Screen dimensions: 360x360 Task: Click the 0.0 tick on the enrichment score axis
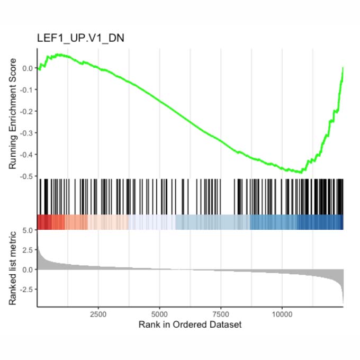[25, 68]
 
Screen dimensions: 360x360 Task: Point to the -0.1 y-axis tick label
[24, 89]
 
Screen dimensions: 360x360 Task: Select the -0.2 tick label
[24, 111]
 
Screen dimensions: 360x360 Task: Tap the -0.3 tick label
[24, 133]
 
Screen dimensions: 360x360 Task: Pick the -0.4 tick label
[24, 155]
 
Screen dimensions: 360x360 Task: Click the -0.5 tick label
[24, 176]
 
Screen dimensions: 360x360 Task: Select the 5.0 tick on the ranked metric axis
[28, 230]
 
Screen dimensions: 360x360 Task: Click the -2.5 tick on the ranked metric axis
[25, 289]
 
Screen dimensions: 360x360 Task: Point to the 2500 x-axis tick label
[98, 314]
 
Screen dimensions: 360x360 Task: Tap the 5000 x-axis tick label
[159, 314]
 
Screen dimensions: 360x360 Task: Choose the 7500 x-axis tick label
[221, 314]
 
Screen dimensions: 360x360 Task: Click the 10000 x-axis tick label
[282, 314]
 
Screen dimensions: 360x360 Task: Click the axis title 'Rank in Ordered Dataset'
[190, 325]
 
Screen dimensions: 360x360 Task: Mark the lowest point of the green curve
[301, 172]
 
